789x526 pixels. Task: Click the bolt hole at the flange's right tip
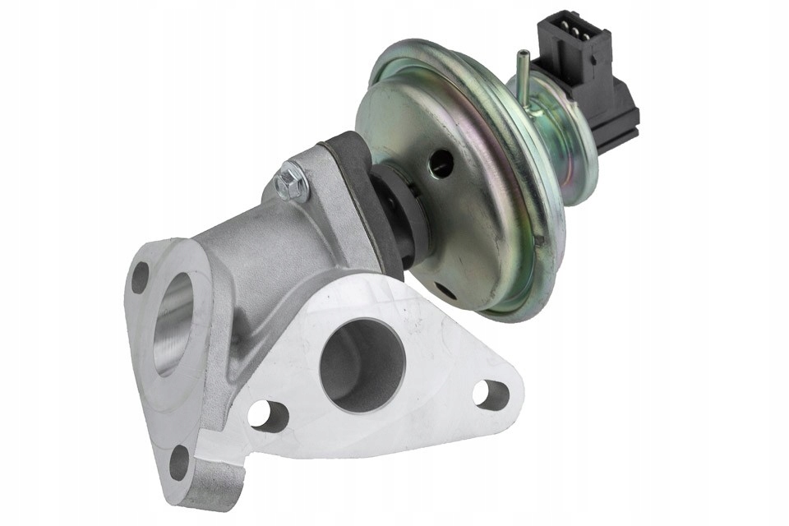491,394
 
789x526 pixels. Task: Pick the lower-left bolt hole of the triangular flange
269,416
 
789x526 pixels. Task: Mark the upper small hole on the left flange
141,277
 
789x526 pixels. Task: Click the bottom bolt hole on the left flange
179,461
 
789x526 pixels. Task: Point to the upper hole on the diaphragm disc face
441,163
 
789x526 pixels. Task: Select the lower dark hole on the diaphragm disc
445,289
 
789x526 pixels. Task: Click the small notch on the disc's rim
538,240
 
